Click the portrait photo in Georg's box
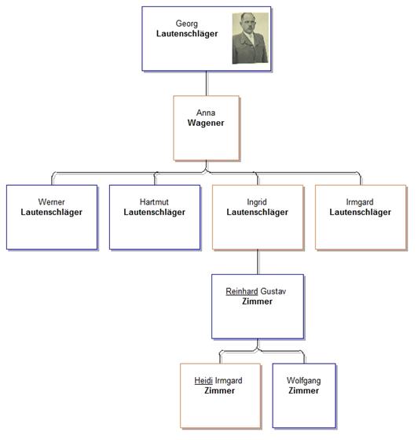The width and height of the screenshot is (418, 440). pos(250,38)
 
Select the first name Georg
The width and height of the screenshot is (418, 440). pos(186,24)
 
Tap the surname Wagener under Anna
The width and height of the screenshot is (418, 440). pos(206,123)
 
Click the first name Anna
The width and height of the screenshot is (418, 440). pos(206,113)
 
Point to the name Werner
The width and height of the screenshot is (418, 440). pos(52,202)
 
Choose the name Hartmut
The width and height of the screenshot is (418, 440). pos(154,202)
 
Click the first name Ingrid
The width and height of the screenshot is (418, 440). pos(257,202)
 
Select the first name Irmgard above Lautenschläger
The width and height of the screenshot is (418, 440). pos(360,202)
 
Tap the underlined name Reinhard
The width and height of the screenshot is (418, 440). pos(242,291)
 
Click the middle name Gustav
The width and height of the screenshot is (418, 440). pos(273,291)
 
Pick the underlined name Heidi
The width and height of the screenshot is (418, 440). pos(203,380)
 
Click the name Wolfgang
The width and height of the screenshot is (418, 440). pos(304,381)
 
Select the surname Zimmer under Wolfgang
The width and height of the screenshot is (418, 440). pos(304,390)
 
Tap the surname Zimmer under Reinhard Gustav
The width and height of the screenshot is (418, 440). pos(257,301)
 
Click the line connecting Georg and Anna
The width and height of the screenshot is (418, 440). pos(207,83)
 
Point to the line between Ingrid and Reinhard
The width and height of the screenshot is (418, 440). pos(258,262)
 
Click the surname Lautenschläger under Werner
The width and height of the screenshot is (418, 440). pos(52,213)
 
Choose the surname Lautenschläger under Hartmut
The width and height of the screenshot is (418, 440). pos(154,213)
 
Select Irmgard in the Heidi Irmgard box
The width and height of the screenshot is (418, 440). pos(229,381)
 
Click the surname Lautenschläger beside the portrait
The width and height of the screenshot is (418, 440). pos(187,34)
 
